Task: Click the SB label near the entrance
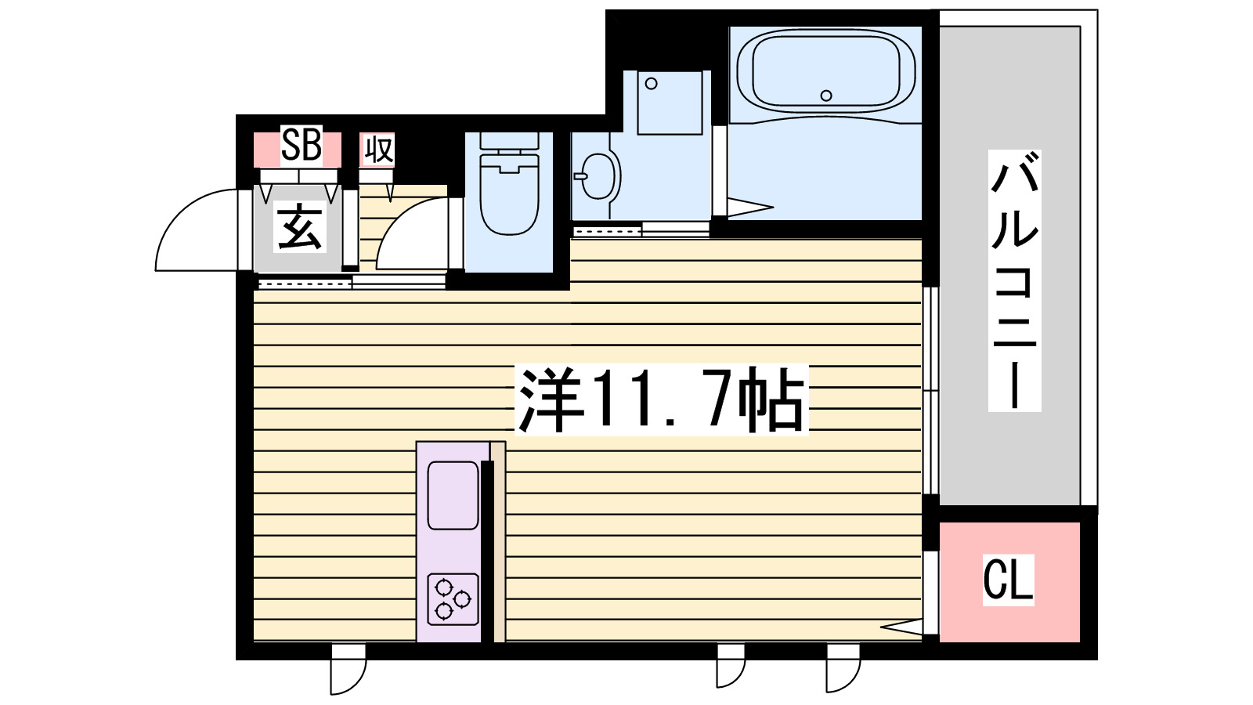click(301, 146)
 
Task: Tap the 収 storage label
click(377, 149)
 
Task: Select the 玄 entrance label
click(299, 227)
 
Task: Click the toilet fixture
click(508, 193)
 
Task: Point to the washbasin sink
click(600, 175)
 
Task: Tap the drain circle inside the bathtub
click(826, 96)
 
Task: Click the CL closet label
click(1008, 580)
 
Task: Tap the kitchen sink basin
click(453, 495)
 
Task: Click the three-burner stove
click(453, 599)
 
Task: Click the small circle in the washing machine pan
click(652, 84)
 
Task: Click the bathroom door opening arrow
click(748, 208)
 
